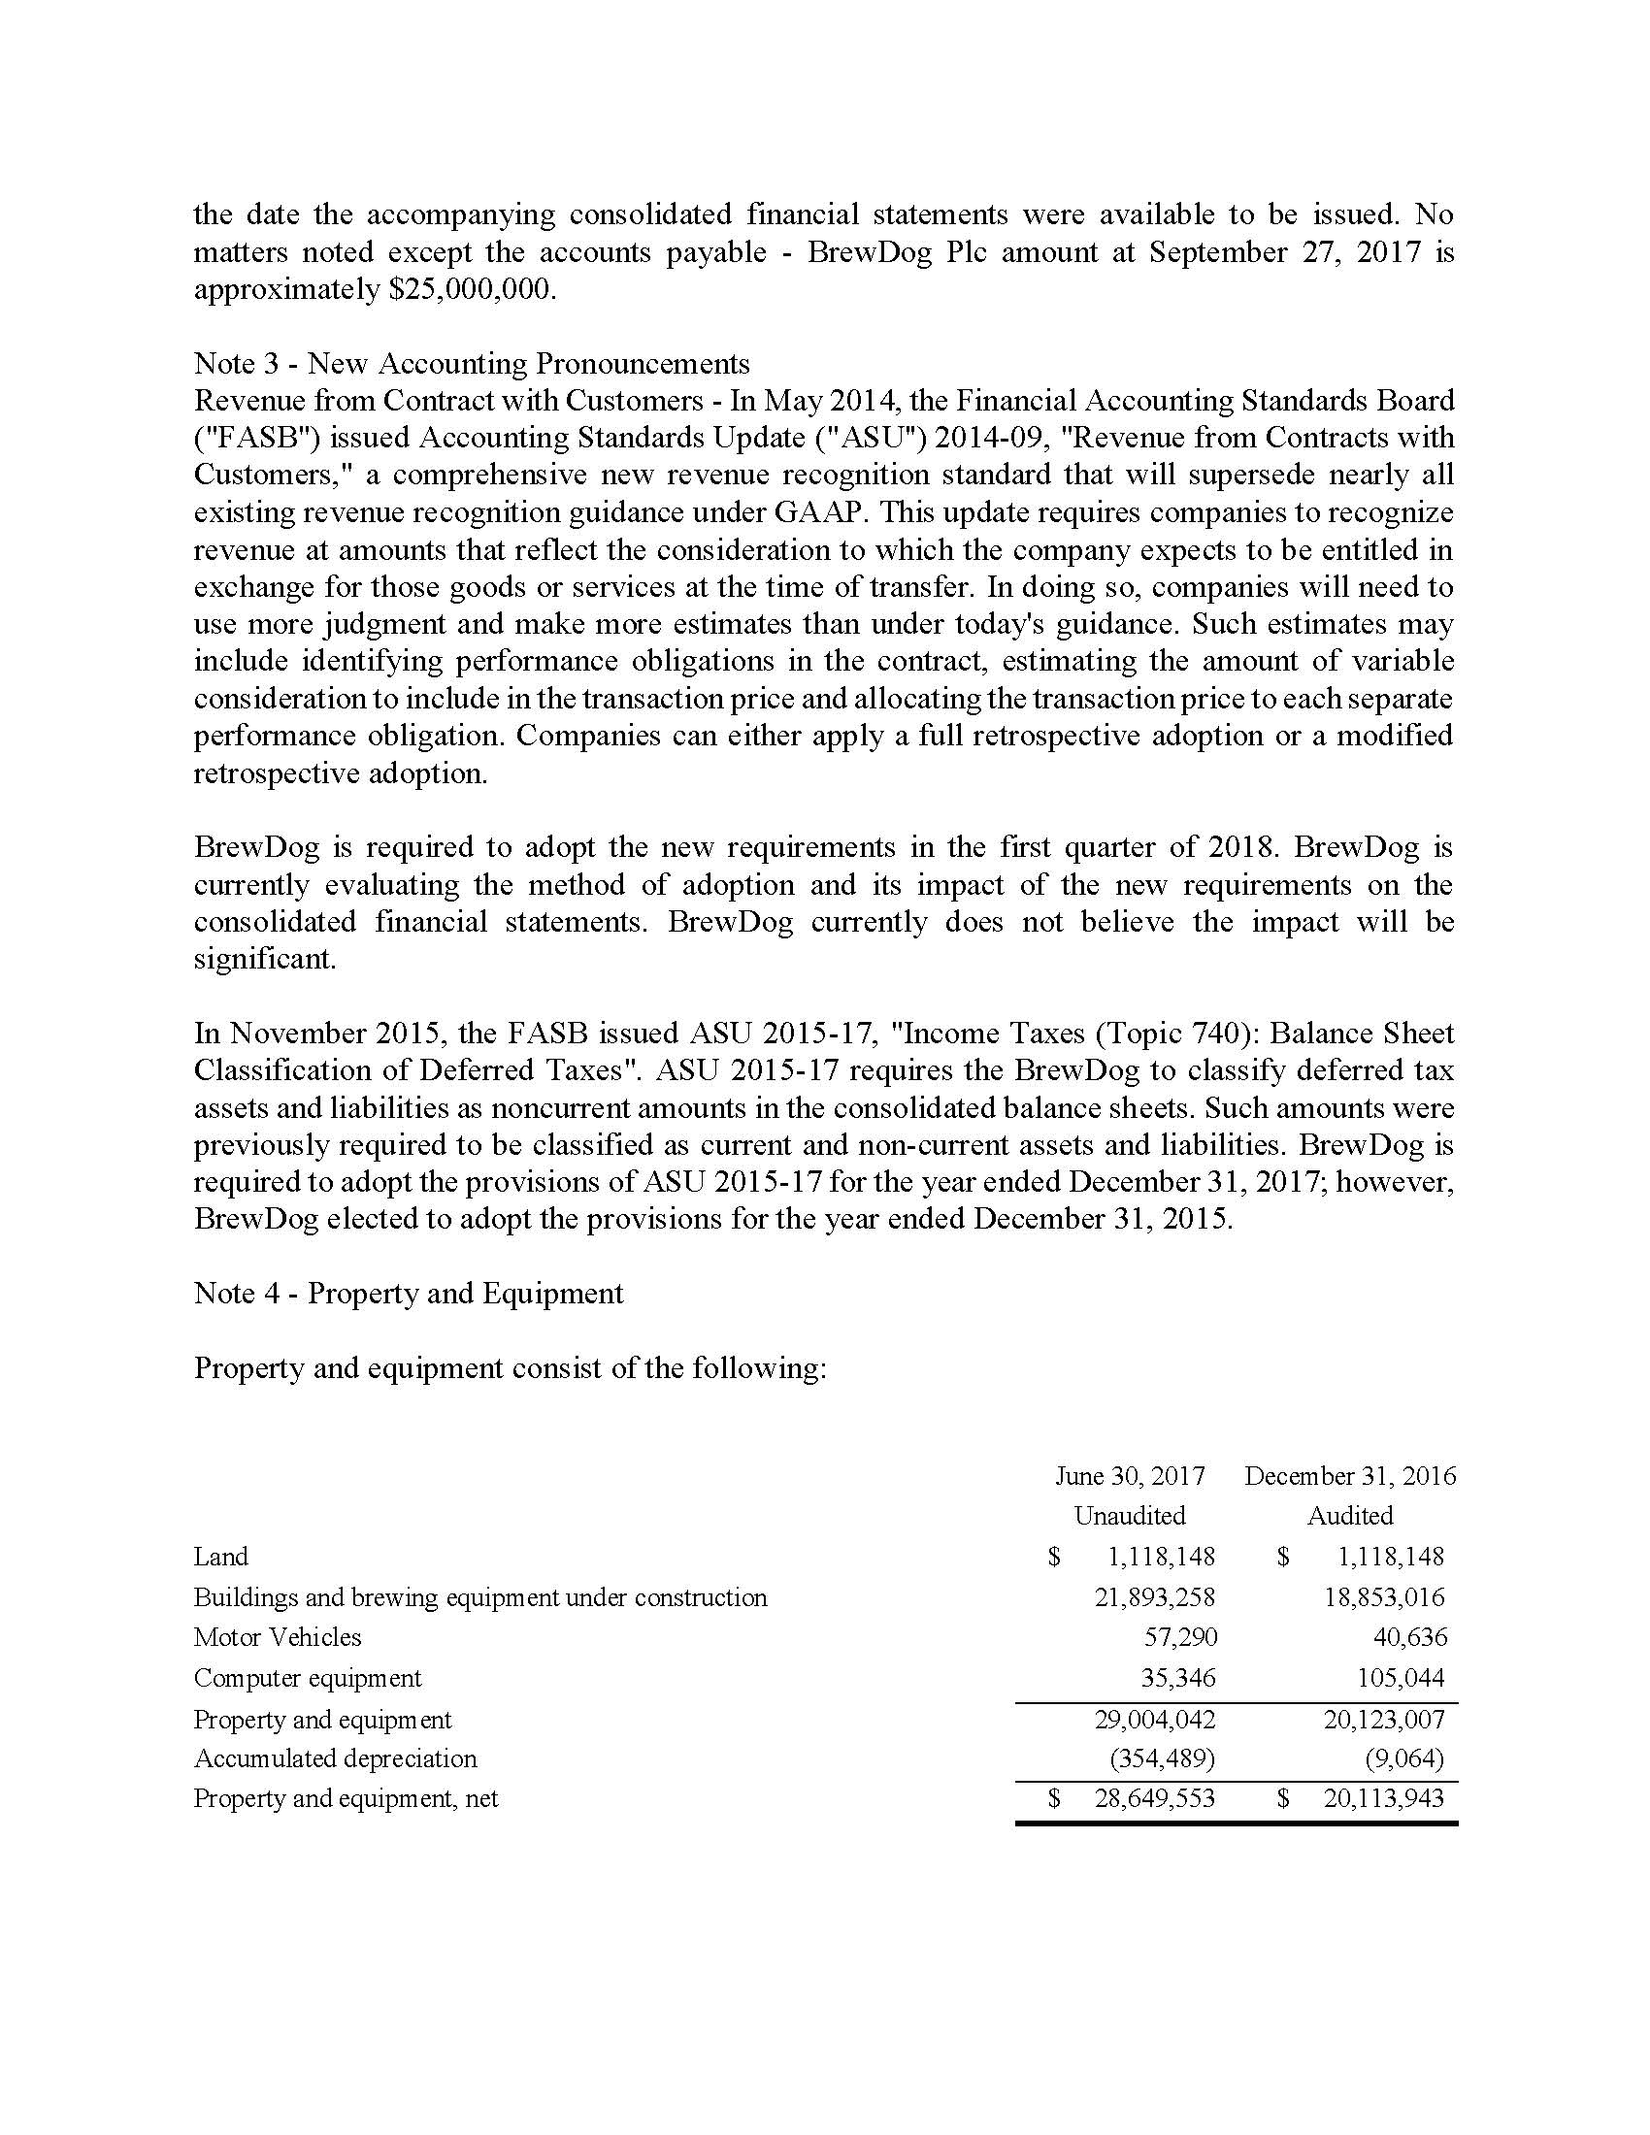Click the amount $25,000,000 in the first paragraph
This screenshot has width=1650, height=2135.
(471, 290)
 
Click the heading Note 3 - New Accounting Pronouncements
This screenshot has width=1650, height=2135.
(471, 364)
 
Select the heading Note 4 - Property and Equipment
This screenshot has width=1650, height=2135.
(409, 1294)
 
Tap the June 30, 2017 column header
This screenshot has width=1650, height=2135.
(1130, 1475)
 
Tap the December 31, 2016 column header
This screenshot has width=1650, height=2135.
(1350, 1475)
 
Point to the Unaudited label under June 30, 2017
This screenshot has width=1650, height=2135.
(1130, 1515)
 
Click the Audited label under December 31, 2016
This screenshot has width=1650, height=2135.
(1350, 1515)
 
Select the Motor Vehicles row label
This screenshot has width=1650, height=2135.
(278, 1637)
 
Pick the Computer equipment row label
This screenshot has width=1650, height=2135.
(308, 1679)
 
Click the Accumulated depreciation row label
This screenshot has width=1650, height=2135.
(335, 1758)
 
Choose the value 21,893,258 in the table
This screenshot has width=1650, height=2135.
(1154, 1597)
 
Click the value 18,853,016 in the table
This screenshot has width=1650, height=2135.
(1384, 1597)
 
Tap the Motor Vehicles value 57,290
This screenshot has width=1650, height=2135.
(1181, 1637)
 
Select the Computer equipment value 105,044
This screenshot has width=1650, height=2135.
(1401, 1679)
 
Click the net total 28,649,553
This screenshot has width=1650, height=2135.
(1154, 1798)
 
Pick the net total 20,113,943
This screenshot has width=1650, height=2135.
(1384, 1798)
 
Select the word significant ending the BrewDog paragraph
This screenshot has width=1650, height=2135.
(264, 959)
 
